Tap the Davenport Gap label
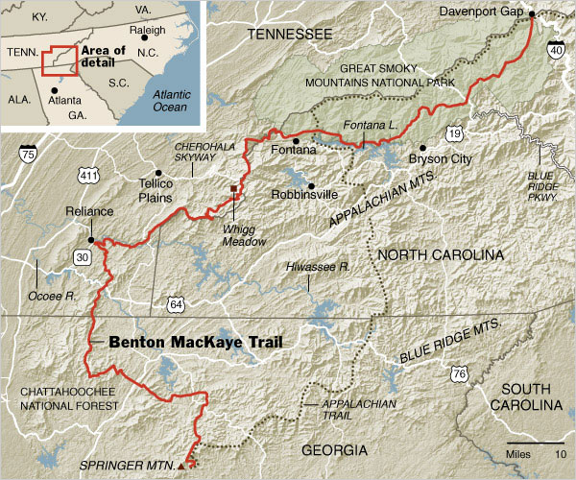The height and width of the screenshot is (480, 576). click(x=483, y=12)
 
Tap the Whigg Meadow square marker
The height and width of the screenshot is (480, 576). click(x=232, y=188)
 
